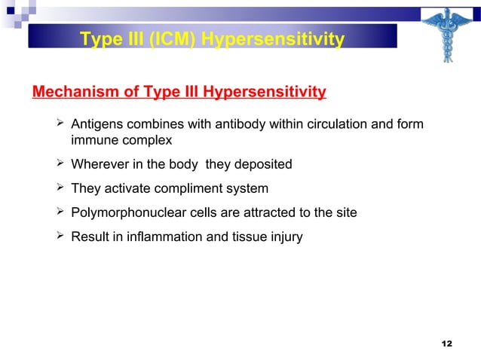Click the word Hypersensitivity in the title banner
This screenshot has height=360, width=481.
(273, 38)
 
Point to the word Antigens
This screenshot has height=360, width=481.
(96, 124)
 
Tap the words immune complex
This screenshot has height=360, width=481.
(121, 140)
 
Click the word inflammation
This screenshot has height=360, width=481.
(164, 236)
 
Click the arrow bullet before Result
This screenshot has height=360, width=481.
(60, 236)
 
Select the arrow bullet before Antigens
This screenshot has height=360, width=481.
(60, 124)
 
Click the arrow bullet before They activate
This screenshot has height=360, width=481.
(60, 188)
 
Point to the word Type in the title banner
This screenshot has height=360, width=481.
(100, 38)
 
